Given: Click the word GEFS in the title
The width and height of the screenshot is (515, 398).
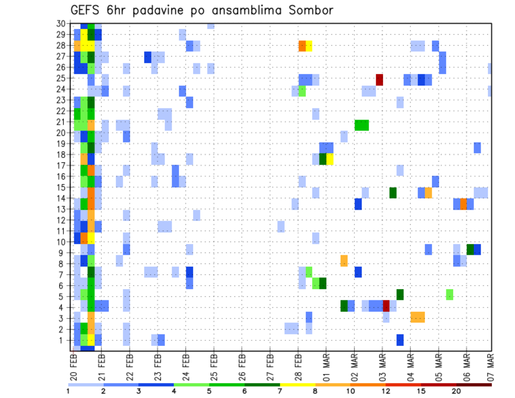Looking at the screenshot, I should click(87, 10).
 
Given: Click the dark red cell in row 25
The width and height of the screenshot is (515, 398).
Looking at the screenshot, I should click(379, 79).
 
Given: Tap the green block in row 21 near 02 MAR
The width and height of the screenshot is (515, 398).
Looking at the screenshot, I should click(362, 125).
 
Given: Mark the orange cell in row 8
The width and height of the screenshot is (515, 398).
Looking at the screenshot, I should click(344, 261).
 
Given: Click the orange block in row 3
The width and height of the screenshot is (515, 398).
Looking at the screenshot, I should click(418, 317).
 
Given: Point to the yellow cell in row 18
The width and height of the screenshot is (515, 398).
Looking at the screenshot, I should click(330, 159).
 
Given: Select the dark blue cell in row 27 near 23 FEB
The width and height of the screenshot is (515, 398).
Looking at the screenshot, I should click(148, 57).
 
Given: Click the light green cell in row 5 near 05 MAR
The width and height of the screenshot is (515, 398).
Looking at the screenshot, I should click(450, 294).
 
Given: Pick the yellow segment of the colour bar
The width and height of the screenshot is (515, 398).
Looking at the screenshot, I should click(297, 385).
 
